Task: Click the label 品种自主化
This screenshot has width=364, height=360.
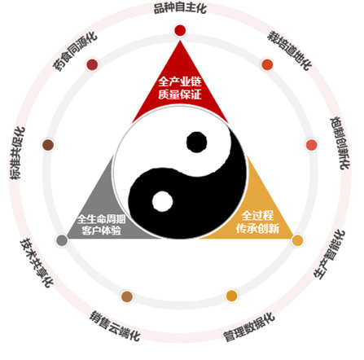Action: pyautogui.click(x=180, y=8)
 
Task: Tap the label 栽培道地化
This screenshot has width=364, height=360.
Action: pyautogui.click(x=290, y=50)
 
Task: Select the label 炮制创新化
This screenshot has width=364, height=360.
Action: pyautogui.click(x=340, y=143)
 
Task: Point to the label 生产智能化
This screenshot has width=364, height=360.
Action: pyautogui.click(x=329, y=254)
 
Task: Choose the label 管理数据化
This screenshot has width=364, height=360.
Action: pyautogui.click(x=249, y=327)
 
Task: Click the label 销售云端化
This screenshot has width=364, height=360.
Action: pyautogui.click(x=115, y=326)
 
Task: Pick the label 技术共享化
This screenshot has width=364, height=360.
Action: pyautogui.click(x=37, y=262)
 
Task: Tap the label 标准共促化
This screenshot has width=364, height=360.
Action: pyautogui.click(x=18, y=153)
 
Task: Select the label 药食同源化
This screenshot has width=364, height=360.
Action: pyautogui.click(x=75, y=51)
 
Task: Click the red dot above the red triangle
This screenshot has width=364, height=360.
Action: pyautogui.click(x=180, y=30)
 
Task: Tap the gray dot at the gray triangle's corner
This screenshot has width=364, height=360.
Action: pyautogui.click(x=62, y=240)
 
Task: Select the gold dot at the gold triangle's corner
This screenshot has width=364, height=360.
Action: pyautogui.click(x=297, y=240)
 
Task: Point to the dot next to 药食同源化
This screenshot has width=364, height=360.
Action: pyautogui.click(x=92, y=64)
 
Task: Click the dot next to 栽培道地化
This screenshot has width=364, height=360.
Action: pyautogui.click(x=267, y=64)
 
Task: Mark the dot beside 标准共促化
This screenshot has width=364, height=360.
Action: pyautogui.click(x=48, y=145)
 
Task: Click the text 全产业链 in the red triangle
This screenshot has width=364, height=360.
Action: pyautogui.click(x=180, y=81)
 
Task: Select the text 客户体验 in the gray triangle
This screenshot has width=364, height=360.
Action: pyautogui.click(x=101, y=230)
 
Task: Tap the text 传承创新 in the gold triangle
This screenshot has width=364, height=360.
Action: pyautogui.click(x=257, y=228)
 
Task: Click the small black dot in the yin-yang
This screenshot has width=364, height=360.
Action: pyautogui.click(x=197, y=142)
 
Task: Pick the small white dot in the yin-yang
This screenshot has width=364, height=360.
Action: pyautogui.click(x=163, y=201)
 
